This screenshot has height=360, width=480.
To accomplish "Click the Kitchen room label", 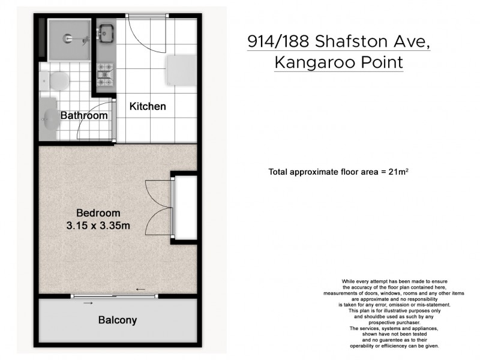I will (x=148, y=106).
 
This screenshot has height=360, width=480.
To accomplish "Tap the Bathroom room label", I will (x=84, y=115).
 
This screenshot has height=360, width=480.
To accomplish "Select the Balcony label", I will (x=118, y=320).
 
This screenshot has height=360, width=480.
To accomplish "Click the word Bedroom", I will (x=98, y=212).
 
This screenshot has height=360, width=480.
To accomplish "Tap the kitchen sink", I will (x=106, y=32).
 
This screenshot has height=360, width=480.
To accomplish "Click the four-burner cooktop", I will (x=106, y=74).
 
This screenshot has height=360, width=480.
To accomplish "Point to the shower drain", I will (x=66, y=37).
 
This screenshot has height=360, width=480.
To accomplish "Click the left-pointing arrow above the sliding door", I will (x=141, y=289).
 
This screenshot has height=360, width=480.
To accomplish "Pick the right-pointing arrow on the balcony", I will (x=88, y=303).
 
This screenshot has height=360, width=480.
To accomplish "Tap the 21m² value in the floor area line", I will (x=399, y=172).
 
